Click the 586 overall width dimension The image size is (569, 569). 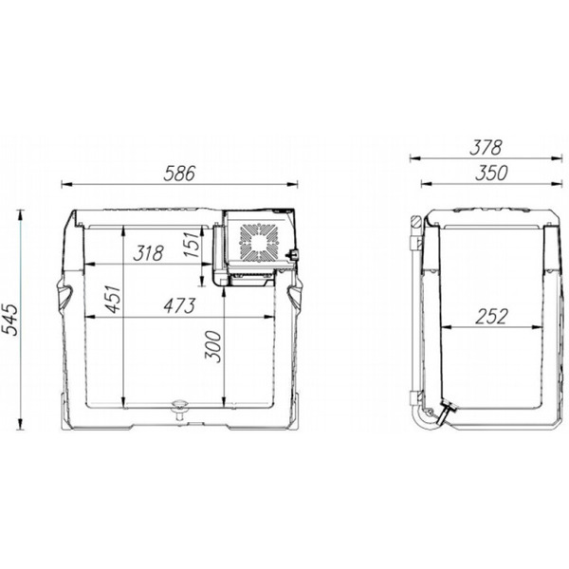pyautogui.click(x=179, y=174)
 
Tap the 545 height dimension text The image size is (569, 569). pyautogui.click(x=9, y=320)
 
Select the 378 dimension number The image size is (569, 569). pyautogui.click(x=486, y=148)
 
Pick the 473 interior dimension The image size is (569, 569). pyautogui.click(x=179, y=306)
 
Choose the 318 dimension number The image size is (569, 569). pyautogui.click(x=149, y=253)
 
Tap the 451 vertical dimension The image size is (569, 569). pyautogui.click(x=113, y=300)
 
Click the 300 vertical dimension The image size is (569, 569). pyautogui.click(x=213, y=346)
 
